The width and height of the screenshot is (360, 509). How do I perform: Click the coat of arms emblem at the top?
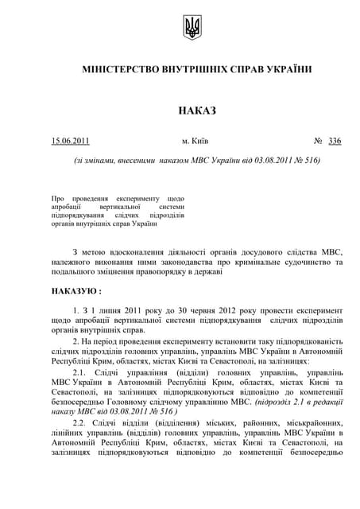tap(192, 27)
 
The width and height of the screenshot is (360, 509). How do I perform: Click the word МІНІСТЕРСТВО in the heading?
tap(123, 69)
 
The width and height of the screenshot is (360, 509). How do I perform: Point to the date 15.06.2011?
tap(71, 141)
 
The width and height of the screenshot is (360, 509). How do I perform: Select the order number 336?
tap(334, 141)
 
